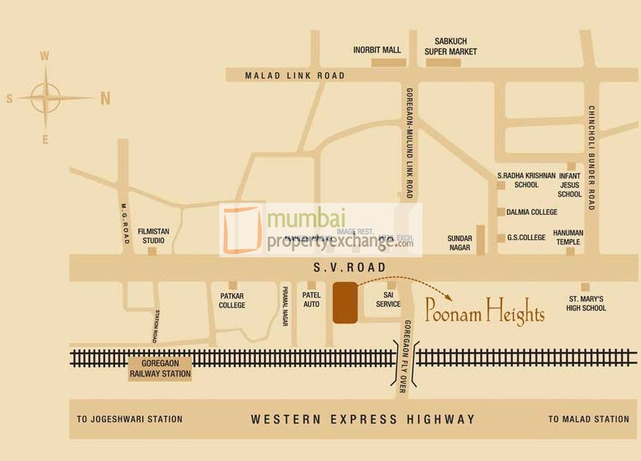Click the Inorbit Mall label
coord(377,50)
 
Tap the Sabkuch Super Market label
coord(451,46)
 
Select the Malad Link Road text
coord(295,75)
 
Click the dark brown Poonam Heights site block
coord(345,303)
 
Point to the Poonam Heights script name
coord(484,310)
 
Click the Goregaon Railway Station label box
coord(160,369)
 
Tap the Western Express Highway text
coord(363,419)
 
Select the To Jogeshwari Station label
coord(129,419)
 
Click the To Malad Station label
coord(588,419)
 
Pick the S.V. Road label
coord(349,267)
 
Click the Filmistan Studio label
coord(153,236)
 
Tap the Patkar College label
coord(232,300)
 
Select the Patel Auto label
coord(311,300)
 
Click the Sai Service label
coord(388,300)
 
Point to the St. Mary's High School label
coord(586,303)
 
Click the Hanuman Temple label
coord(569,237)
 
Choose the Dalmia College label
coord(531,212)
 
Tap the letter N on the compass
coord(105,98)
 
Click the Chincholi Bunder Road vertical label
coord(591,157)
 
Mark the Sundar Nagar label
coord(460,242)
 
